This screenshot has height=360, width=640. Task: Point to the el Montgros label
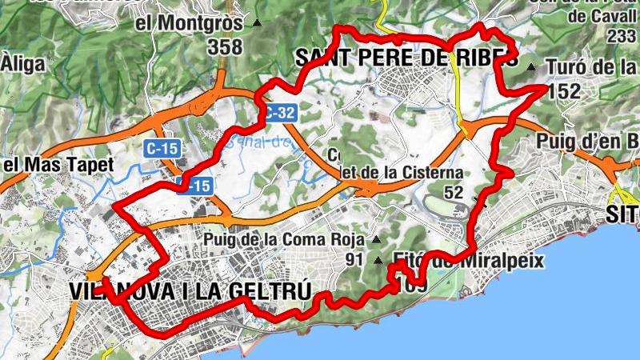coord(189,23)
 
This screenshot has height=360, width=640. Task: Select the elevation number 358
coord(224,47)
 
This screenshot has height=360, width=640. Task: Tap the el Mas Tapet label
coord(59,166)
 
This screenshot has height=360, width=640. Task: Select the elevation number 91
coord(354,259)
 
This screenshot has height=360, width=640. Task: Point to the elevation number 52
coord(454,192)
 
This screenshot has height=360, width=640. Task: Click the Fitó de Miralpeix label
coord(469,260)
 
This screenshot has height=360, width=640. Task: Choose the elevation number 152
coord(564,91)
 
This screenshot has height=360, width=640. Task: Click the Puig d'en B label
coord(588,142)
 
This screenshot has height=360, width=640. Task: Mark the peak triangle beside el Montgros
coord(257,23)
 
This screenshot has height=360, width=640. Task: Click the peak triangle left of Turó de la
coord(533,66)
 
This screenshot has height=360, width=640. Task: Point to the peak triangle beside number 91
coord(378,259)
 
